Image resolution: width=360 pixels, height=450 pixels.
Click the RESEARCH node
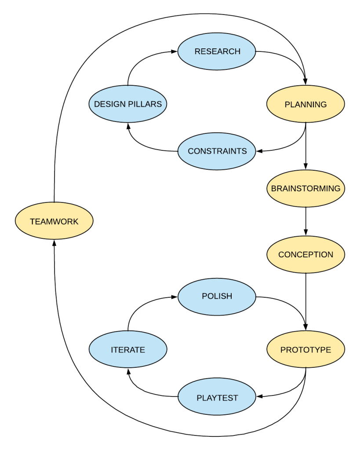point(217,51)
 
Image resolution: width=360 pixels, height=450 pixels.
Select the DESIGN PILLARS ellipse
point(128,104)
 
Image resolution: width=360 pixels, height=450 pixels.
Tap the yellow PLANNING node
point(305,104)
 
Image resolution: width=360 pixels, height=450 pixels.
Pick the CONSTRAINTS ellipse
point(217,151)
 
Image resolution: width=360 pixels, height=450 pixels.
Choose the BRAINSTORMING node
point(305,188)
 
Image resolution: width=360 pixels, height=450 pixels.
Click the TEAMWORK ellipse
point(54,221)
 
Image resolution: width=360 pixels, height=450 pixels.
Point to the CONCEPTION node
point(305,255)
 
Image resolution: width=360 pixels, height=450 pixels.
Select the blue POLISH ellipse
point(217,296)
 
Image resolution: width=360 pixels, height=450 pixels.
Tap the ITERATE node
point(128,350)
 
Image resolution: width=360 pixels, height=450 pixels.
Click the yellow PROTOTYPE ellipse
point(305,350)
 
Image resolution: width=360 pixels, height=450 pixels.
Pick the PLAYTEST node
point(217,398)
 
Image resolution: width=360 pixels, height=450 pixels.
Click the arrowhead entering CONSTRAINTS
point(259,151)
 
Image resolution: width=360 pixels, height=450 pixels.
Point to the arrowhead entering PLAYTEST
point(259,397)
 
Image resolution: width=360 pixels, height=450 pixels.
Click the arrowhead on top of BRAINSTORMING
point(305,166)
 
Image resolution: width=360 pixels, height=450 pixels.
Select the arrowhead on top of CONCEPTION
point(305,233)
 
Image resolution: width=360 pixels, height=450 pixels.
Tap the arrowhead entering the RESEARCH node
point(175,51)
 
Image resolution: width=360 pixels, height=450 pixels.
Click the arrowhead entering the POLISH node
point(175,297)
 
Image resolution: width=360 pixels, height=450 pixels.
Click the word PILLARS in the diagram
point(145,104)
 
